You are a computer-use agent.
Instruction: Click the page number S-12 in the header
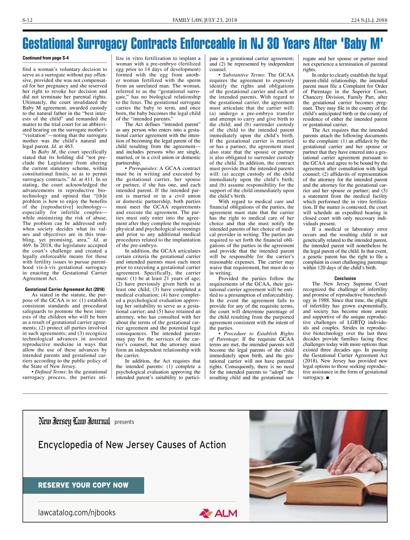27,20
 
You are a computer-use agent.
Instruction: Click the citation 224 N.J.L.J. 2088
369,20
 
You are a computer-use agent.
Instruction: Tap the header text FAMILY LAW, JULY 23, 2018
205,20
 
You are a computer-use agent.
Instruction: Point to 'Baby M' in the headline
362,44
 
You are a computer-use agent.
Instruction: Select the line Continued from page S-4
45,58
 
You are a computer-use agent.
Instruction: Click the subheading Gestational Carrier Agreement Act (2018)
65,289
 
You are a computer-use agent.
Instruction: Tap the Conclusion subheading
345,279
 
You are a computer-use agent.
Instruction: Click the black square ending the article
328,378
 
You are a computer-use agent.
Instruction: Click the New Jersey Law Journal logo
74,422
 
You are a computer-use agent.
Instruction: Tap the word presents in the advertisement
124,422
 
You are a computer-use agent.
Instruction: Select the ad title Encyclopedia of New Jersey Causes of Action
132,445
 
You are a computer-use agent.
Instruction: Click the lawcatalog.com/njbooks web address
77,512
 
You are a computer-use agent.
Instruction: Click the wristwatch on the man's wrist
380,459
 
